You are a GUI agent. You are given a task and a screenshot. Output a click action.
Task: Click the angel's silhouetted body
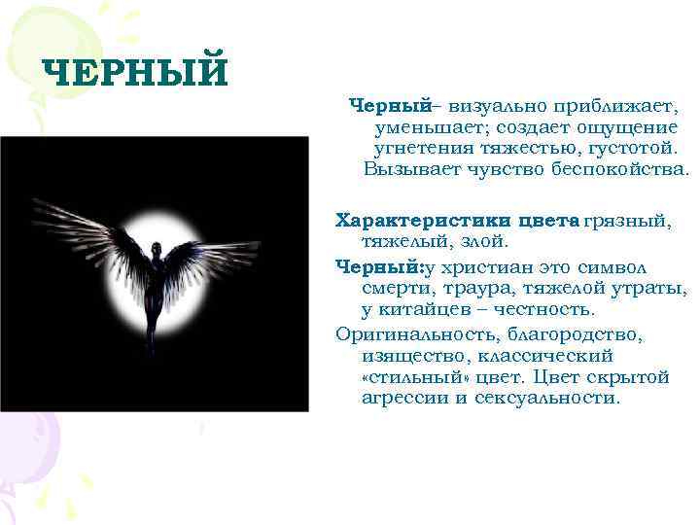coord(154,292)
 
